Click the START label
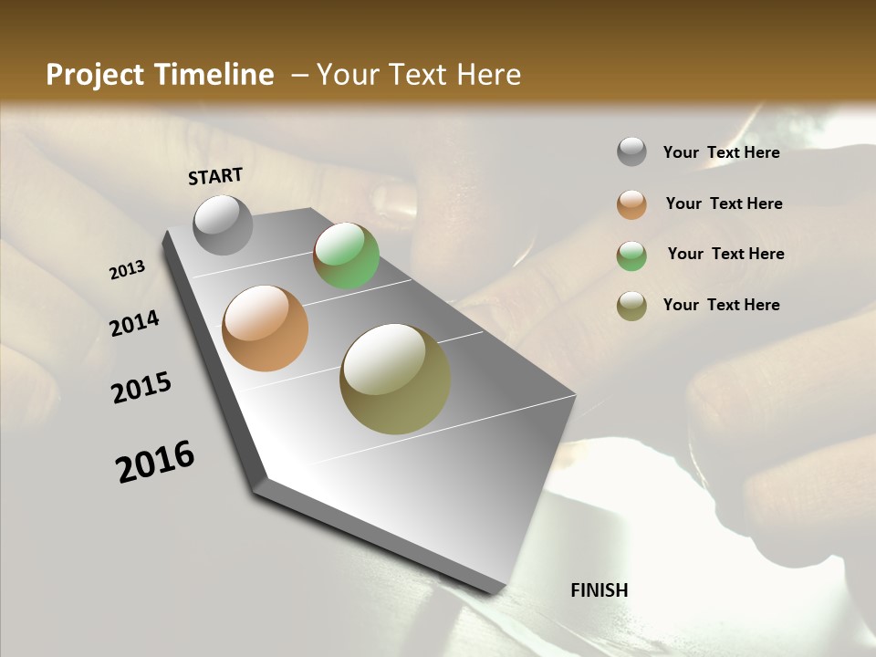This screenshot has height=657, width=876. click(x=215, y=176)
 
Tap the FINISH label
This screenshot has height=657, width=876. click(x=600, y=590)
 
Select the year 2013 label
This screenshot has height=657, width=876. click(x=128, y=270)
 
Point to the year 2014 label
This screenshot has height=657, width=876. click(x=135, y=324)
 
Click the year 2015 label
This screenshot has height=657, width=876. click(x=141, y=388)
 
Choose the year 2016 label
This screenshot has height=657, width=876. click(x=155, y=461)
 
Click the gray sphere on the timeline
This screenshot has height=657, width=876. click(x=223, y=224)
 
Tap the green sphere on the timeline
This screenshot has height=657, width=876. click(x=346, y=255)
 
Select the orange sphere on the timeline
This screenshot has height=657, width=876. click(x=265, y=328)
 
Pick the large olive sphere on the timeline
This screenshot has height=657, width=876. click(x=395, y=379)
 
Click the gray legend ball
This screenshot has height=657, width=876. click(x=631, y=152)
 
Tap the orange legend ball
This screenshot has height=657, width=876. click(x=631, y=203)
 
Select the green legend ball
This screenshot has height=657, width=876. click(x=631, y=255)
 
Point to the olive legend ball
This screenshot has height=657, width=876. click(x=631, y=306)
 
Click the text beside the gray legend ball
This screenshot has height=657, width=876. click(x=721, y=152)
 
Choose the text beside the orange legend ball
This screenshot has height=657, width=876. click(x=724, y=203)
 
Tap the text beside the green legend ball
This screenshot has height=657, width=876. click(x=725, y=254)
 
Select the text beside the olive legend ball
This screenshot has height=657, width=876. click(x=721, y=305)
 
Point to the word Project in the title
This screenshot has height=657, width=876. click(x=95, y=76)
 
